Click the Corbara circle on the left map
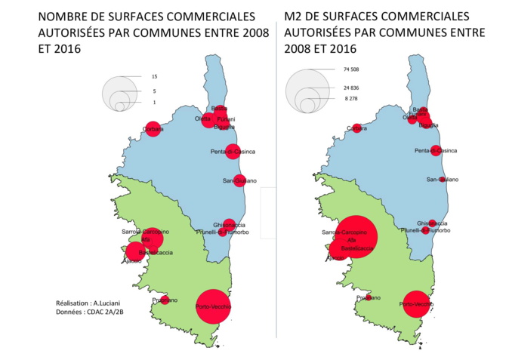(153, 130)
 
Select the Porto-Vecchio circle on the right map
(415, 304)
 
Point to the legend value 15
(154, 77)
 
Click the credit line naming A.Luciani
(84, 302)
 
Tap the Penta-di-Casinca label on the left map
(233, 152)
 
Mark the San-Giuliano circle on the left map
(239, 180)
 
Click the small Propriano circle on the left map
(165, 300)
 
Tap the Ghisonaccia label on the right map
(432, 223)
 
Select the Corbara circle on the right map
(356, 128)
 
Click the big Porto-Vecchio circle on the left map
(212, 306)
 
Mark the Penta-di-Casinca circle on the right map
(435, 150)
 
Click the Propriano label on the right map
(369, 298)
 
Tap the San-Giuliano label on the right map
(442, 179)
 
